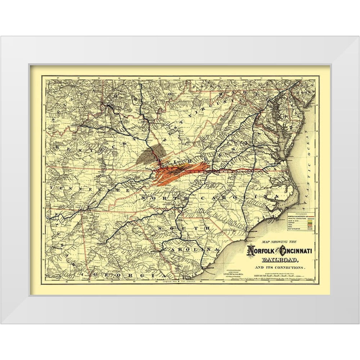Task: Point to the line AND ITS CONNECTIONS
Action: click(276, 268)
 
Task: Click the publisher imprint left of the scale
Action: click(230, 272)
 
